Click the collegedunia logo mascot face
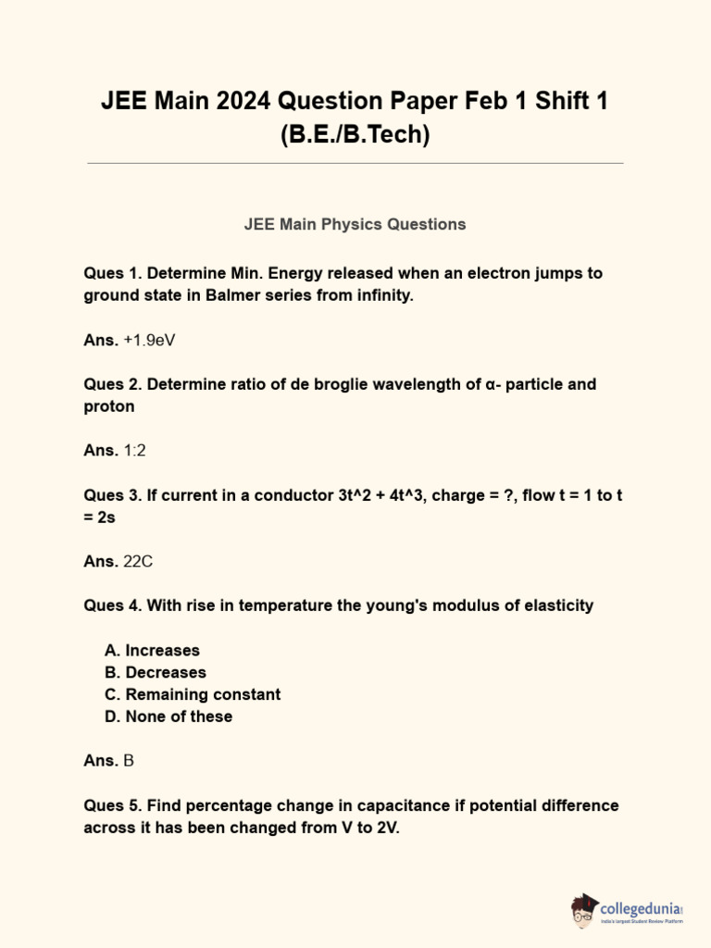click(x=584, y=911)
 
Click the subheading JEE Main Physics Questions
click(x=355, y=224)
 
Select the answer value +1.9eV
click(x=149, y=340)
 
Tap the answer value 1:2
click(x=134, y=451)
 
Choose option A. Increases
click(x=152, y=650)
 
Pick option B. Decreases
click(x=156, y=672)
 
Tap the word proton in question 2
click(x=109, y=406)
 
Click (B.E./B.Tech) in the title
click(x=355, y=134)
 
